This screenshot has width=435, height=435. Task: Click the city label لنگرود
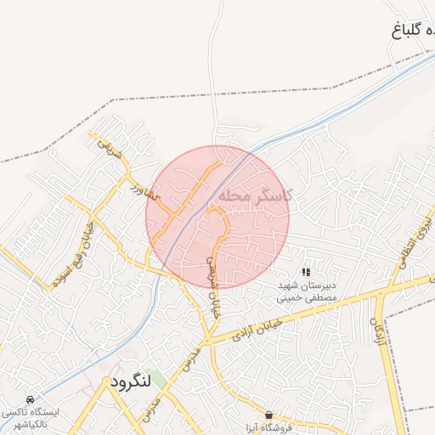point(130,382)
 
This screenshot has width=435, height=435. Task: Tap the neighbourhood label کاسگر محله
point(256,195)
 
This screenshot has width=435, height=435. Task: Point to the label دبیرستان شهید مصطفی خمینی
point(308,292)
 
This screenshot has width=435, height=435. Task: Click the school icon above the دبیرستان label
point(306,272)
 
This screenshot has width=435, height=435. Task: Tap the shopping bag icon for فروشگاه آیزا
point(269,415)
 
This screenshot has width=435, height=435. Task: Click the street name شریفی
point(105,150)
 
